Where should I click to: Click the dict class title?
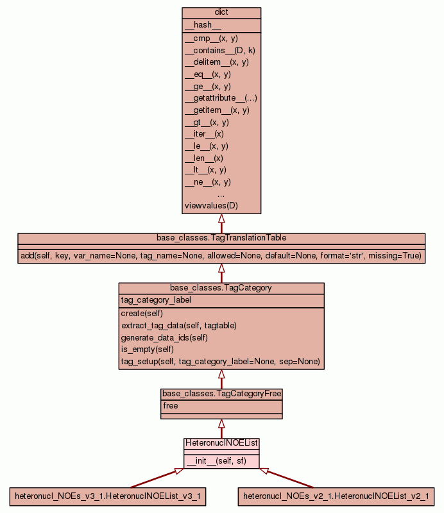tap(221, 13)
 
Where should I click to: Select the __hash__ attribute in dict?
tap(203, 25)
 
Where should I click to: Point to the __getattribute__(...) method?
tap(221, 98)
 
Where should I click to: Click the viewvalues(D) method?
tap(211, 206)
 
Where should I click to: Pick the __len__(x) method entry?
tap(204, 158)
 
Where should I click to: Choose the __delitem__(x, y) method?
tap(216, 62)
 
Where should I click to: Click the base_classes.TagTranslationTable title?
tap(221, 238)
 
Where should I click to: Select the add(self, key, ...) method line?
tap(221, 256)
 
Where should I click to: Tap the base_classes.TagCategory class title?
tap(221, 288)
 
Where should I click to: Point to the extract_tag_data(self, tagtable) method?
tap(178, 326)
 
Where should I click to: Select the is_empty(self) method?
tap(147, 349)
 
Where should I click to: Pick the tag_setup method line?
tap(220, 362)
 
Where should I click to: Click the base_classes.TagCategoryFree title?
tap(221, 394)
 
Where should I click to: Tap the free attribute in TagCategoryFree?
tap(170, 406)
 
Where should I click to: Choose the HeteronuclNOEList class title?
tap(221, 443)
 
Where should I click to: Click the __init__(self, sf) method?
tap(216, 461)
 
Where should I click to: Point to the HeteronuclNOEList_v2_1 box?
tap(336, 496)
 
